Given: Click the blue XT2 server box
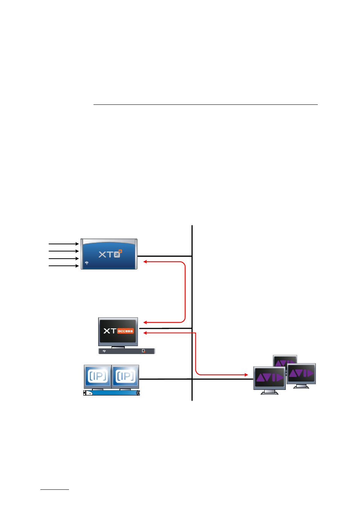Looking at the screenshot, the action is point(109,254).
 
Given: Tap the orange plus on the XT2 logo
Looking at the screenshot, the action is point(120,251).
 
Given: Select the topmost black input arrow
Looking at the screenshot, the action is point(64,244).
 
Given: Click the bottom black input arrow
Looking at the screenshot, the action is point(64,266).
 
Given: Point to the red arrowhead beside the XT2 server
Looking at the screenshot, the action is point(145,262).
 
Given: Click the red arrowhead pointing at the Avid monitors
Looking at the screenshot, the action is point(246,374).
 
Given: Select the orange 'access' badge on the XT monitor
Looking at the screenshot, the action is point(126,331).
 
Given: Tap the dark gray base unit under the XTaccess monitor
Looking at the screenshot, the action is point(127,351).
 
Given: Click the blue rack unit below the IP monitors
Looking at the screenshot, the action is point(112,392).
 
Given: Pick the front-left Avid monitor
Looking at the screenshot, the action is point(270,380).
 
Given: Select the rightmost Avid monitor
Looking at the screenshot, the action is point(301,376).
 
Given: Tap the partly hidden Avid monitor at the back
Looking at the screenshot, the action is point(285,360).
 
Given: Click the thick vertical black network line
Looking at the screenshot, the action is point(192,313).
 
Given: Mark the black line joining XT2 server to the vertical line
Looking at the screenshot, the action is point(165,256).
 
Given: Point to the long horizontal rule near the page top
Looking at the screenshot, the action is point(205,104).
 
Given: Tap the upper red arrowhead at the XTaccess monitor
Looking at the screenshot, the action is point(145,322).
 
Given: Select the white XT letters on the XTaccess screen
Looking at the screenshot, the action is point(110,331).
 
